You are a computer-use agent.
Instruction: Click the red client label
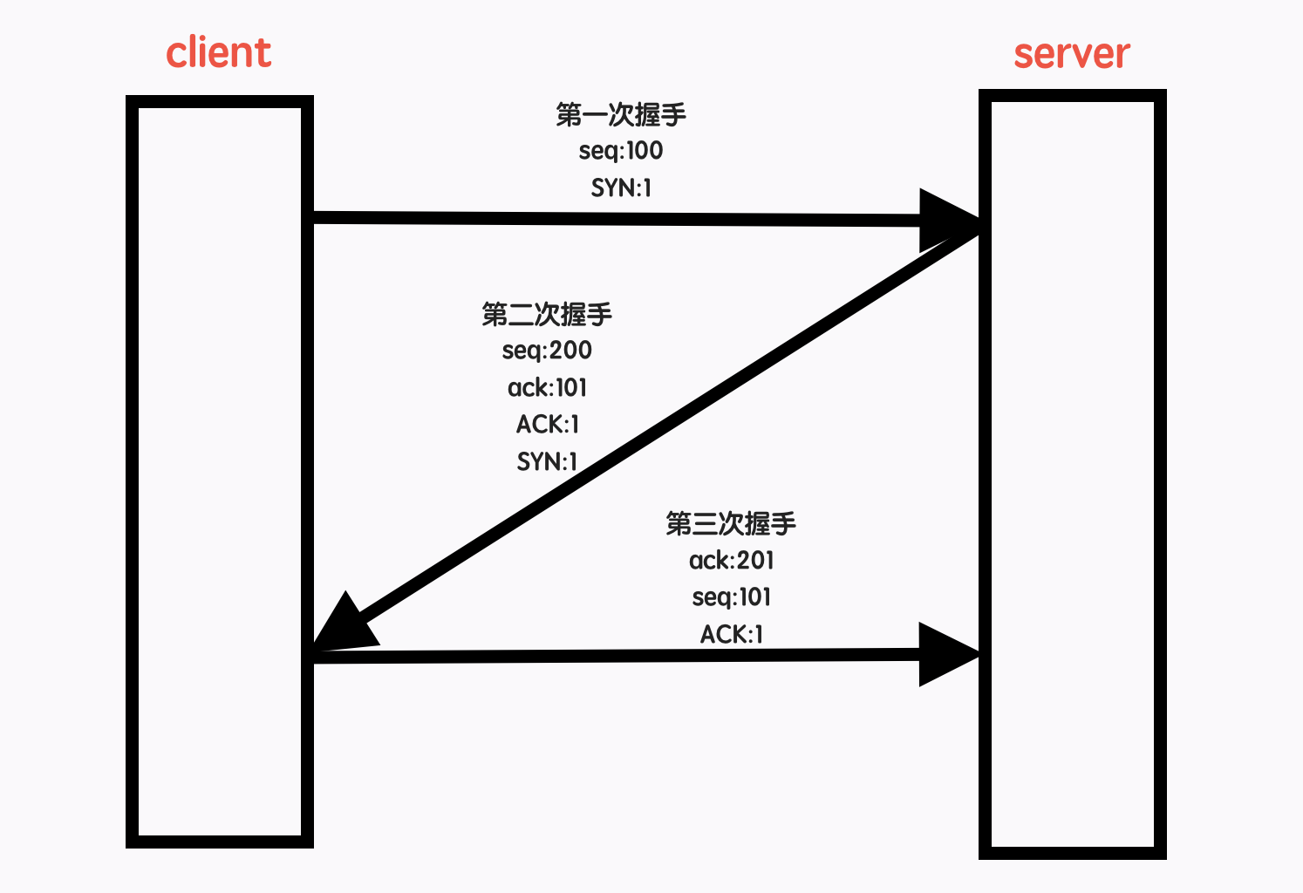(219, 53)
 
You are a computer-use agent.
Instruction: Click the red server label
(1071, 54)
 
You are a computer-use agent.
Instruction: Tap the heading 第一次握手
(621, 114)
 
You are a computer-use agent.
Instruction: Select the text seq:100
(621, 151)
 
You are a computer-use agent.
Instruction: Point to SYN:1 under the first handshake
(621, 187)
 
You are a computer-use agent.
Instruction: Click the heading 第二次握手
(547, 314)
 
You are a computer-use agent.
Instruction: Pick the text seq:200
(547, 351)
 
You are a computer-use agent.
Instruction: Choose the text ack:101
(547, 387)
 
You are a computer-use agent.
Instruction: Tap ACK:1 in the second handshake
(547, 424)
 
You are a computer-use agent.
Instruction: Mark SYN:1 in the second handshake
(547, 460)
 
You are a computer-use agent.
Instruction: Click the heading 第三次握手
(731, 523)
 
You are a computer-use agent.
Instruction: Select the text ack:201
(731, 560)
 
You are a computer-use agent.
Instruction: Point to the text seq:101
(731, 597)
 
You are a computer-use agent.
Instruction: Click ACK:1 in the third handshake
(731, 634)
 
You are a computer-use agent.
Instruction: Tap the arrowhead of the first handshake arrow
(946, 219)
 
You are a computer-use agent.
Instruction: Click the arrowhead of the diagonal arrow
(342, 626)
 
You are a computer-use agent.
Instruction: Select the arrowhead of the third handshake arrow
(946, 654)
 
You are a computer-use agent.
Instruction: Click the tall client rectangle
(220, 471)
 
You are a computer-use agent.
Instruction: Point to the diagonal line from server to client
(663, 432)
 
